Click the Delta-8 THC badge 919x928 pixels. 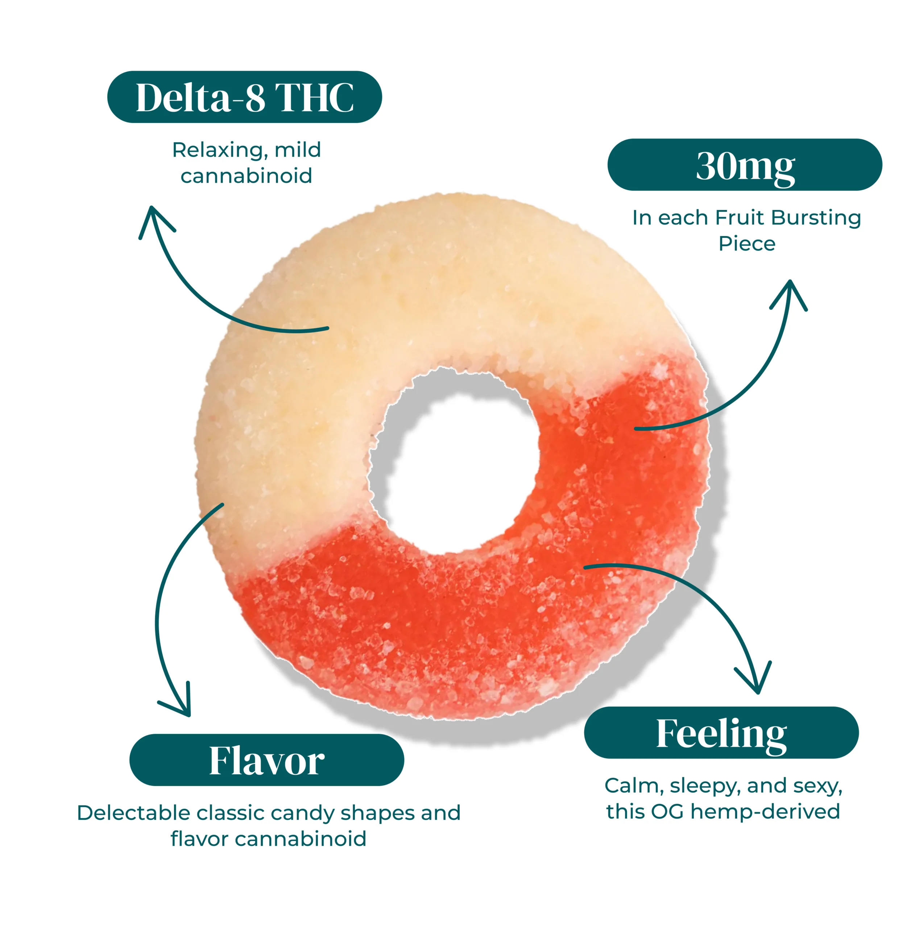pyautogui.click(x=244, y=97)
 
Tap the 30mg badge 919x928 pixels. pyautogui.click(x=745, y=165)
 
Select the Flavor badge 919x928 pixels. pyautogui.click(x=266, y=760)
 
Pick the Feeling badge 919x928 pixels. pyautogui.click(x=721, y=733)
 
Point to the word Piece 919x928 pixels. pyautogui.click(x=746, y=244)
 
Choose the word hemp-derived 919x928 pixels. pyautogui.click(x=765, y=811)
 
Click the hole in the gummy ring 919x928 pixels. pyautogui.click(x=454, y=461)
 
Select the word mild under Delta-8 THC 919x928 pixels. pyautogui.click(x=297, y=150)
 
